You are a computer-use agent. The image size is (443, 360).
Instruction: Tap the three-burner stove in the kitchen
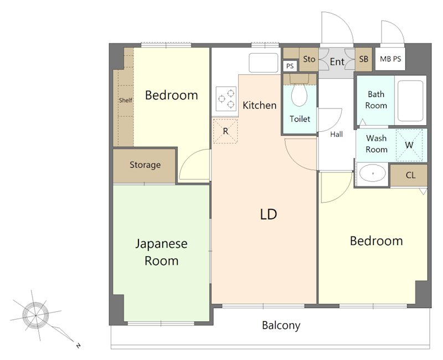(226, 99)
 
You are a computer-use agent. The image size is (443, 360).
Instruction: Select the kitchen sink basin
(264, 63)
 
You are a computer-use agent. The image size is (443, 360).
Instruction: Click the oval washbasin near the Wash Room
(373, 173)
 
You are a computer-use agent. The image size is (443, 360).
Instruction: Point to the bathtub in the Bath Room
(410, 101)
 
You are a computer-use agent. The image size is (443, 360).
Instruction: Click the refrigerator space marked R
(225, 131)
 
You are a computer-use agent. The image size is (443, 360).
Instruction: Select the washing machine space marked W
(409, 145)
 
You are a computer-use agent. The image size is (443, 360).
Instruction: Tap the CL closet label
(410, 176)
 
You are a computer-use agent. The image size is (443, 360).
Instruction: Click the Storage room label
(145, 164)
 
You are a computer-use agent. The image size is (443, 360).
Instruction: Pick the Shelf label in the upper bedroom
(126, 100)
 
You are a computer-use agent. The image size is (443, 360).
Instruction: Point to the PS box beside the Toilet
(290, 66)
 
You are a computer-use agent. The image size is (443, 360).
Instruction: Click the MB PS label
(390, 59)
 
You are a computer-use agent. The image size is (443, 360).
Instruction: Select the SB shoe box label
(364, 59)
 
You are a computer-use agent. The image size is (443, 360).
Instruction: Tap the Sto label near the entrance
(309, 59)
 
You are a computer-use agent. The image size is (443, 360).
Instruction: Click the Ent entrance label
(337, 61)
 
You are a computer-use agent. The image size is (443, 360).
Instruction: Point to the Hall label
(337, 134)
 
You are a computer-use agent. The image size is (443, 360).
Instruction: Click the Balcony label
(281, 326)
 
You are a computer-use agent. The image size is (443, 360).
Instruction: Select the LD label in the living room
(269, 214)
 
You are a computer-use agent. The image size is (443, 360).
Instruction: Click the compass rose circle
(35, 315)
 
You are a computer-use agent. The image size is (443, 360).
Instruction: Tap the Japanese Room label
(161, 253)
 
